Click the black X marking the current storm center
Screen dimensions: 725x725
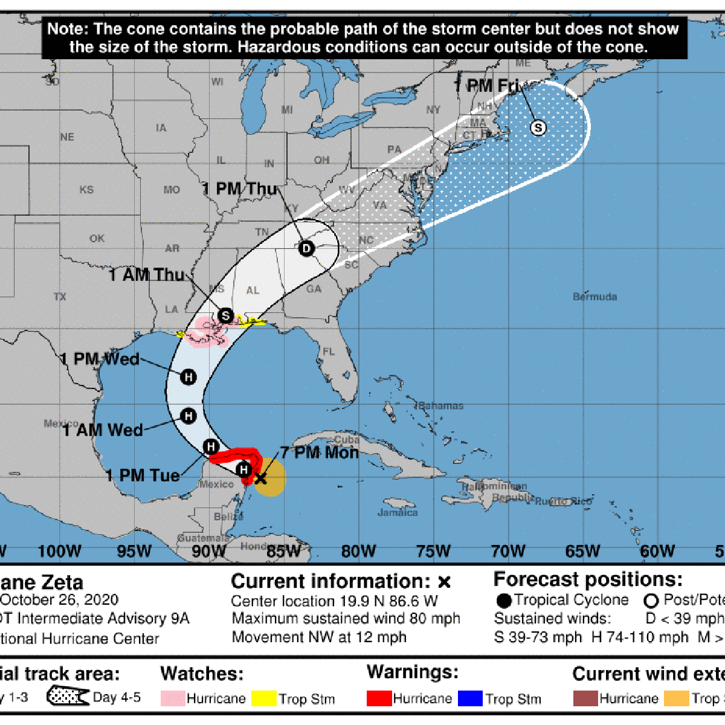pyautogui.click(x=260, y=478)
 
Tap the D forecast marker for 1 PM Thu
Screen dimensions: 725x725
pyautogui.click(x=306, y=248)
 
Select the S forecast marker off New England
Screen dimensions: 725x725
pyautogui.click(x=538, y=127)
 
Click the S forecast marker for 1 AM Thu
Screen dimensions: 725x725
pyautogui.click(x=225, y=315)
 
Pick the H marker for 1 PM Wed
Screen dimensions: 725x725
pyautogui.click(x=188, y=377)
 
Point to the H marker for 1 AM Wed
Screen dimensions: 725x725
pyautogui.click(x=188, y=416)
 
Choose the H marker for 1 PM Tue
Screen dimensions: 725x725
pyautogui.click(x=210, y=446)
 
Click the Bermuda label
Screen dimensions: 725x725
pyautogui.click(x=594, y=297)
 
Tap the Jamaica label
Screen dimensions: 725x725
pyautogui.click(x=398, y=512)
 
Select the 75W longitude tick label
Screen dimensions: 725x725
pyautogui.click(x=433, y=550)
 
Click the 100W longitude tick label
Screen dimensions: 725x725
pyautogui.click(x=59, y=550)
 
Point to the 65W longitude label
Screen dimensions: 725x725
pyautogui.click(x=583, y=550)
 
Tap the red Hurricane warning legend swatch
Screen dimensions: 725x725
pyautogui.click(x=379, y=698)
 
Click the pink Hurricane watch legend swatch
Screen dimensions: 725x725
pyautogui.click(x=173, y=698)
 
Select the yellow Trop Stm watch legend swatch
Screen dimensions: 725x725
pyautogui.click(x=263, y=698)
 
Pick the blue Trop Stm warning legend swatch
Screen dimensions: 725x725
pyautogui.click(x=470, y=698)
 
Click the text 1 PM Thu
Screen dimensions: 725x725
pyautogui.click(x=239, y=188)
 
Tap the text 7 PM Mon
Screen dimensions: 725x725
pyautogui.click(x=320, y=453)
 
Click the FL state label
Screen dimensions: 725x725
pyautogui.click(x=328, y=351)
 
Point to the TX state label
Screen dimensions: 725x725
pyautogui.click(x=60, y=297)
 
